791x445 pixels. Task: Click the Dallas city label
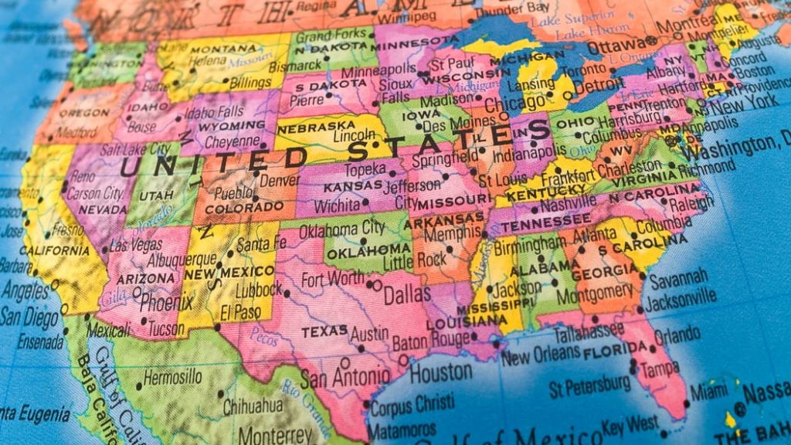tap(407, 294)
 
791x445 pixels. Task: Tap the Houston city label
tap(440, 372)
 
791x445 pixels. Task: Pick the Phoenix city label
tap(166, 303)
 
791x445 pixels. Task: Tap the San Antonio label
tap(345, 378)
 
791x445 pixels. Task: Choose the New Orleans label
tap(540, 355)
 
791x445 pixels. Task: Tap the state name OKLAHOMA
tap(367, 250)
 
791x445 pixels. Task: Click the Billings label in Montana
tap(250, 83)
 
